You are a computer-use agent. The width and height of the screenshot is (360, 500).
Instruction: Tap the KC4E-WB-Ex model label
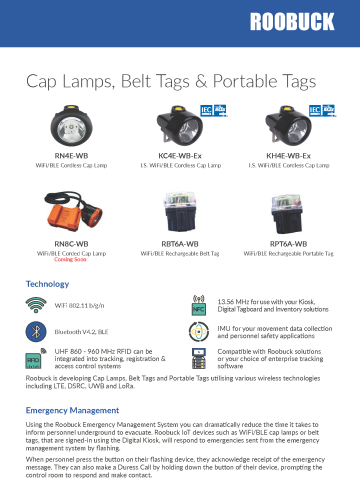click(x=180, y=156)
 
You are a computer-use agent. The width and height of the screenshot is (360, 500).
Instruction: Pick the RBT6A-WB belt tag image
click(x=181, y=213)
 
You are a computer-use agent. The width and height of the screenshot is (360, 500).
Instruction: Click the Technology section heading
click(x=47, y=284)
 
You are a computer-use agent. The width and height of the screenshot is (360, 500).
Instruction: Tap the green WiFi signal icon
click(x=37, y=304)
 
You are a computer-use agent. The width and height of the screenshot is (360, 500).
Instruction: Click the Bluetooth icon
click(x=37, y=329)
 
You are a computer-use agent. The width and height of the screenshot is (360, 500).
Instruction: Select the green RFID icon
click(x=37, y=356)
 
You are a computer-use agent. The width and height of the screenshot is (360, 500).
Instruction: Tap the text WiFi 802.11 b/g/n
click(x=82, y=304)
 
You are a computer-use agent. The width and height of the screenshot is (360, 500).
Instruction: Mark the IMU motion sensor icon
click(x=199, y=330)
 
